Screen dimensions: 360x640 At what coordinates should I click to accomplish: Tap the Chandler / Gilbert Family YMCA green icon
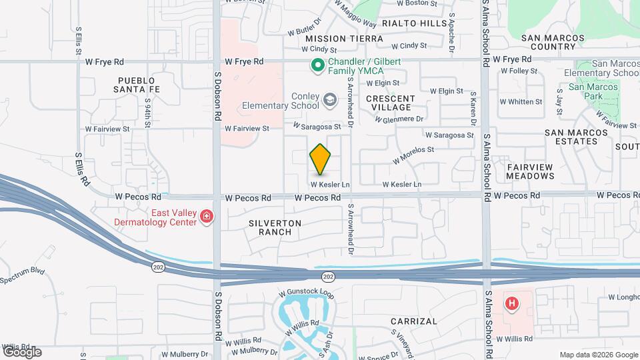pos(318,66)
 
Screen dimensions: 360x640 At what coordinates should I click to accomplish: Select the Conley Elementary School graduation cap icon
pos(329,100)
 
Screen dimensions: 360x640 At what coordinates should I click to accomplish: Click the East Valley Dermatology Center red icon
pos(207,217)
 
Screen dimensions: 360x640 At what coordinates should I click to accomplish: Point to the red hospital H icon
pos(512,304)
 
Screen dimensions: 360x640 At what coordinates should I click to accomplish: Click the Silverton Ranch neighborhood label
pos(276,227)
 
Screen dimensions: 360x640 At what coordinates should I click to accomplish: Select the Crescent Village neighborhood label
pos(391,103)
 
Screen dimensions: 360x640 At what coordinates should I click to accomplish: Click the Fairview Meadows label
pos(531,171)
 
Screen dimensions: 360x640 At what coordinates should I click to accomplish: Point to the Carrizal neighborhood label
pos(413,321)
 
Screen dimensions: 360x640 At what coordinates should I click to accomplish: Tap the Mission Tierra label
pos(345,39)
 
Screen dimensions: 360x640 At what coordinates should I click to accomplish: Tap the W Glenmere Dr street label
pos(399,119)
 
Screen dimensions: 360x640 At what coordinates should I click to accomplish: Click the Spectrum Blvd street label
pos(22,275)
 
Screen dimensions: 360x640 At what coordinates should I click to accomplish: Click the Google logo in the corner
pos(22,351)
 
